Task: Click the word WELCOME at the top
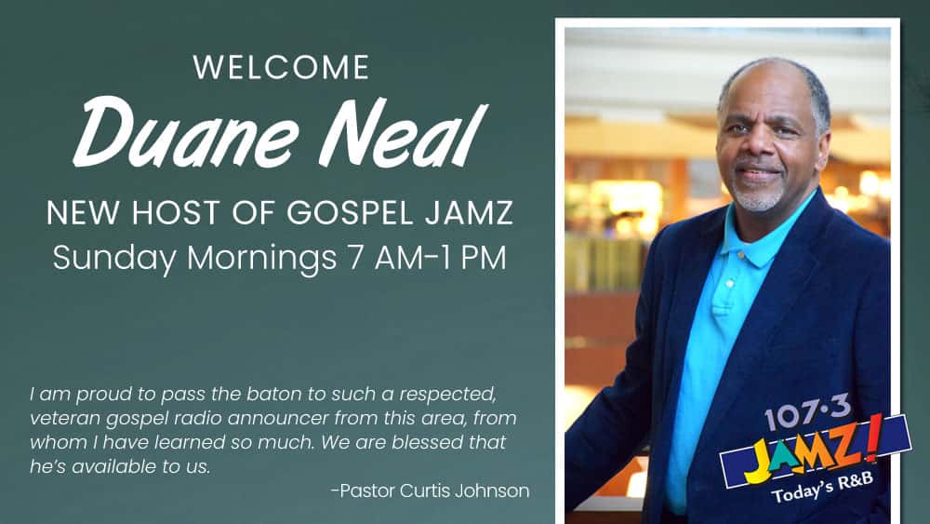(x=281, y=67)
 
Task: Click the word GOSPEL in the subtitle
(x=351, y=212)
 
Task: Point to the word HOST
(x=175, y=212)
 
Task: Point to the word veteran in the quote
(x=65, y=418)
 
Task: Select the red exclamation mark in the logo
(x=872, y=439)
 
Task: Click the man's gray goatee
(x=754, y=199)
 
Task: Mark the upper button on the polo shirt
(x=729, y=284)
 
